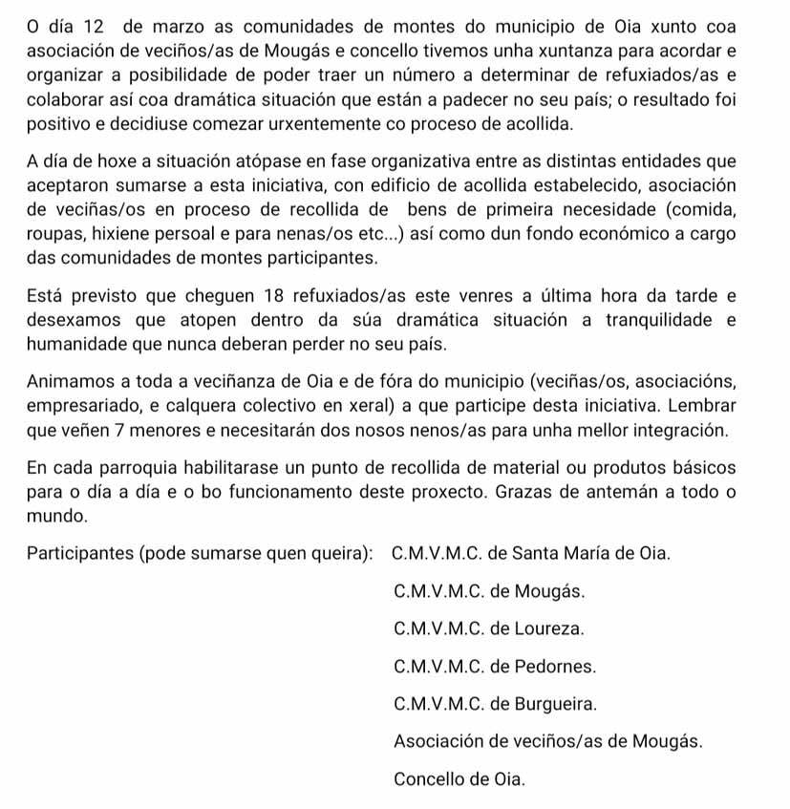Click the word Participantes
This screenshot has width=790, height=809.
point(80,553)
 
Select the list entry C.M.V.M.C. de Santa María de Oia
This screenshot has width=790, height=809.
point(531,553)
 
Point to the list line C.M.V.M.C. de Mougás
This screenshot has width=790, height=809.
point(488,590)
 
